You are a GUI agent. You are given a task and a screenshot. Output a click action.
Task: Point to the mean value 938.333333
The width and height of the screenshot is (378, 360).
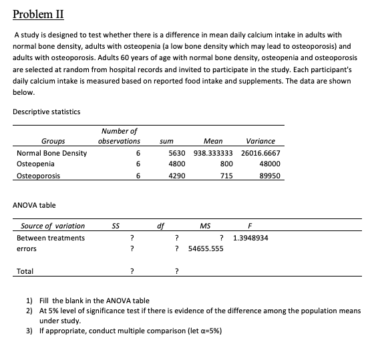coord(213,153)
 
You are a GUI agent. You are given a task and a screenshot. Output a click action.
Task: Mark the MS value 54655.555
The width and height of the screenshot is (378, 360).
coord(206,248)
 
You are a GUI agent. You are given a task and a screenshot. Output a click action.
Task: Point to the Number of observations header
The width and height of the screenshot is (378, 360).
coord(120,136)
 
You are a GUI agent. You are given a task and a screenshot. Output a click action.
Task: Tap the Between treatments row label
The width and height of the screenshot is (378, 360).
coord(51,238)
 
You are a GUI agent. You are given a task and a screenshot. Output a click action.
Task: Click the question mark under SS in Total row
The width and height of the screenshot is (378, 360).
coord(133,271)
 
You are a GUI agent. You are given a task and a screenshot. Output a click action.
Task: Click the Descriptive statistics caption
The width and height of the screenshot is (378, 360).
coord(47,112)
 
